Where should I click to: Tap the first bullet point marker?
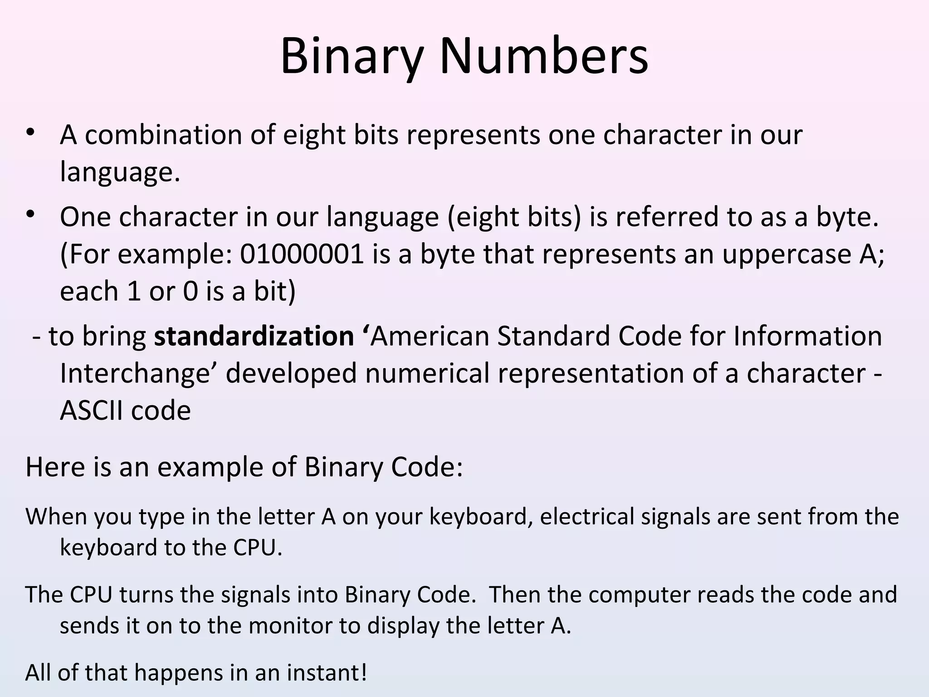coord(30,132)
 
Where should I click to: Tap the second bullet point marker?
coord(30,214)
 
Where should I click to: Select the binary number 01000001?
coord(302,254)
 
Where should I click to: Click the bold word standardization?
coord(254,336)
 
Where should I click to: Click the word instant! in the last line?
coord(326,672)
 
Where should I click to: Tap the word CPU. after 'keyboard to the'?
coord(258,547)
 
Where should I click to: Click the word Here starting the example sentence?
coord(55,467)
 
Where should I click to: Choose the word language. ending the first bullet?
coord(120,172)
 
